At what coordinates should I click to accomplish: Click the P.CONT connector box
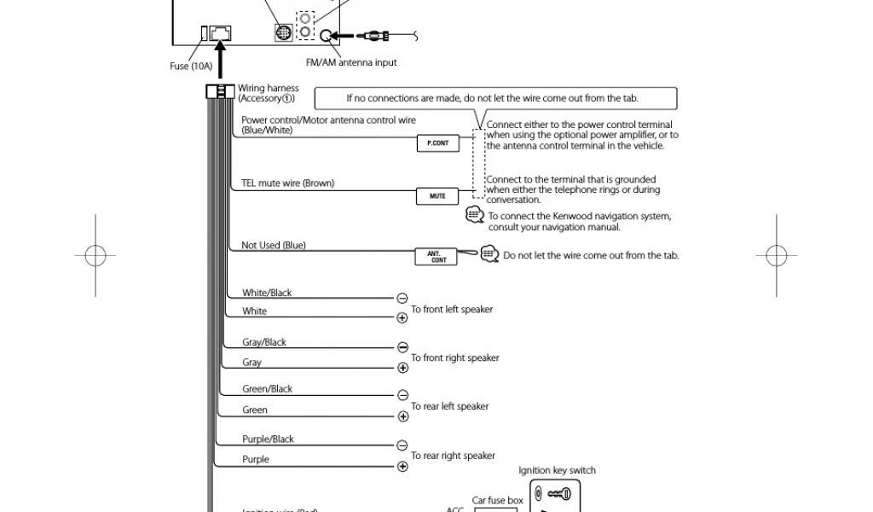tap(436, 143)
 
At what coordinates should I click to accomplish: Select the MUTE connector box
tap(436, 196)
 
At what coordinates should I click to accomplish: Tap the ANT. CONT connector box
tap(436, 256)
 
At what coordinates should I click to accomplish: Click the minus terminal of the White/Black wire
tap(402, 298)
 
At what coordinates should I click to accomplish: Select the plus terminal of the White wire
tap(402, 317)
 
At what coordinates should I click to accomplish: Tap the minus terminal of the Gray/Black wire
tap(402, 347)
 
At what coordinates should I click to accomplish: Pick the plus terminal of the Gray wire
tap(402, 368)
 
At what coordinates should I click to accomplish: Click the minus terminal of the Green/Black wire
tap(402, 395)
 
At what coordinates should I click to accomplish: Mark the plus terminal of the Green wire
tap(402, 416)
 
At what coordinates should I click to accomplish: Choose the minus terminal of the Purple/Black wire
tap(402, 445)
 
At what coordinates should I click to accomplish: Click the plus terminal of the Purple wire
tap(402, 466)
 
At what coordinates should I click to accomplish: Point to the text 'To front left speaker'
tap(452, 310)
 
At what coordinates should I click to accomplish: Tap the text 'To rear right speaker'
tap(453, 456)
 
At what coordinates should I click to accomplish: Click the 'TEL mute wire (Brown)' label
tap(287, 183)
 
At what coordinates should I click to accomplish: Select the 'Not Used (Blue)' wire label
tap(273, 246)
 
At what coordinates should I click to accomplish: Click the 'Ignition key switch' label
tap(557, 470)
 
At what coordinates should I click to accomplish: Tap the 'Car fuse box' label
tap(497, 501)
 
